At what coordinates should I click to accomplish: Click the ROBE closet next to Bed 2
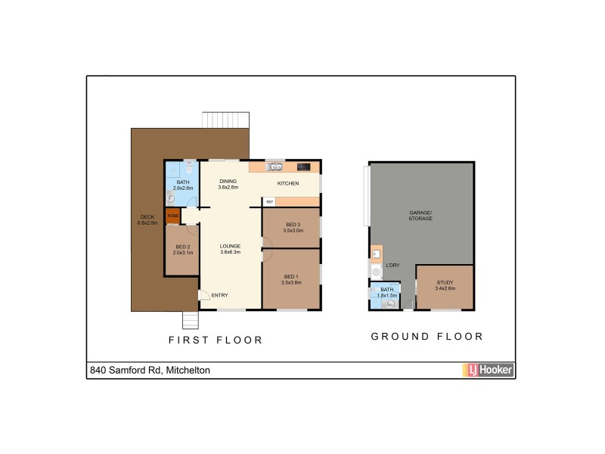coord(173,216)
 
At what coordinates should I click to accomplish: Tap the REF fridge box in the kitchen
coord(269,201)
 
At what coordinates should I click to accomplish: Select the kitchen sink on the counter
coord(275,166)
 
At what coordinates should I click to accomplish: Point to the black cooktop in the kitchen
coord(304,166)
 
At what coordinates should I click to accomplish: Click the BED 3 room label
coord(293,224)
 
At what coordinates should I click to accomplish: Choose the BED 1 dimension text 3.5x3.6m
coord(292,282)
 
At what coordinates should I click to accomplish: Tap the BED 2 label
coord(182,246)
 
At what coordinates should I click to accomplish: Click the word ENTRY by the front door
coord(219,295)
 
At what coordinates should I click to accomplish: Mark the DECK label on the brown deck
coord(147,217)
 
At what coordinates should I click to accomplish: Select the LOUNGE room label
coord(230,246)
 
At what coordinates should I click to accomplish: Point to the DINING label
coord(228,182)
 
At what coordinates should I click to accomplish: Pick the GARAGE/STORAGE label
coord(420,216)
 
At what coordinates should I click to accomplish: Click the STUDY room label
coord(445,282)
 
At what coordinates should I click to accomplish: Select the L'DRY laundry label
coord(392,266)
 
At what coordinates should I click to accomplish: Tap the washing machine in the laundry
coord(375,270)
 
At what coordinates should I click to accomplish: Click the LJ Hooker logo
coord(488,370)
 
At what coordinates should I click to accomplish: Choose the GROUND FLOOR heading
coord(427,336)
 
